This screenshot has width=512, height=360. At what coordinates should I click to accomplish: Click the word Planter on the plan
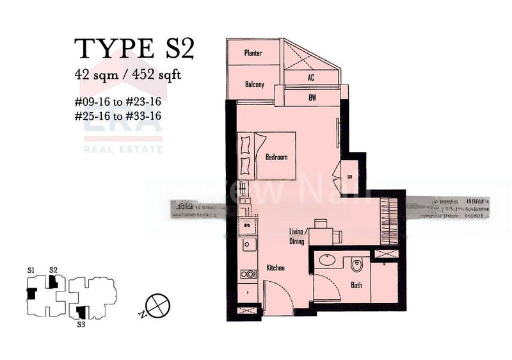253,54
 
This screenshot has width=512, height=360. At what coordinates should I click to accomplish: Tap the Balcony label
254,84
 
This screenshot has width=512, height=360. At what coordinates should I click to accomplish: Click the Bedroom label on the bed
276,157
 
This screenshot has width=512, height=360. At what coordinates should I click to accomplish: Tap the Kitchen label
276,268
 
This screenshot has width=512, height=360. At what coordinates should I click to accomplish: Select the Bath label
356,284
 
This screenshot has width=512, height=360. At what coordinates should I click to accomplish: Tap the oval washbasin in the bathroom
328,261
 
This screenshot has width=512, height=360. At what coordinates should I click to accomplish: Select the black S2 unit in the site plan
54,281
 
